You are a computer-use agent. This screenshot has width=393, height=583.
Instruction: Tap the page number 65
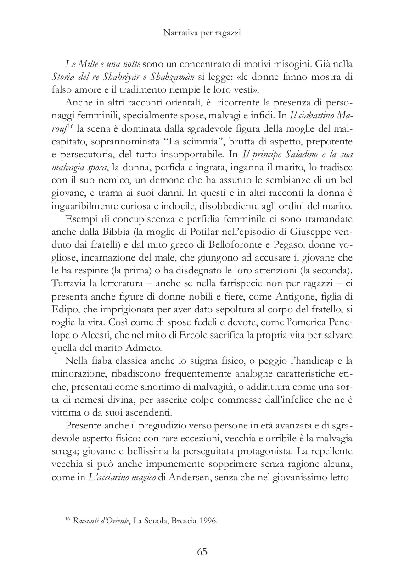(202, 552)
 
